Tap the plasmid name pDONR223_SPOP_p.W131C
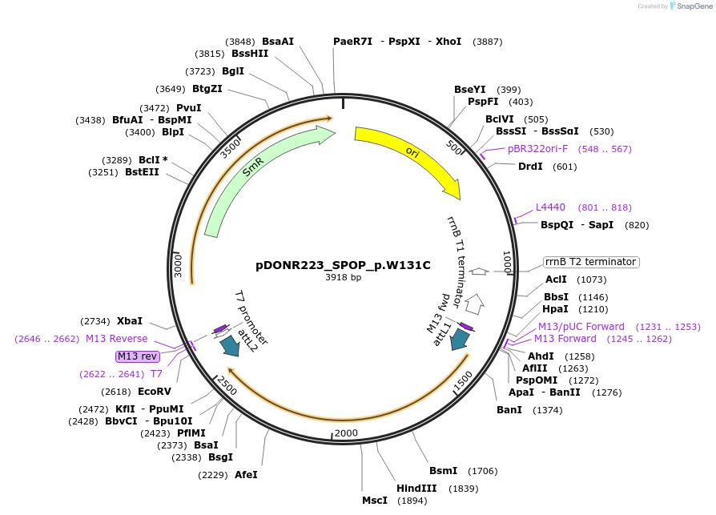click(x=343, y=265)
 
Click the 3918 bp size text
click(x=343, y=278)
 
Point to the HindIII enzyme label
click(x=416, y=488)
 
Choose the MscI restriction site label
click(x=374, y=501)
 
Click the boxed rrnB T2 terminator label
click(x=590, y=262)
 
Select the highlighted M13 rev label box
click(x=138, y=356)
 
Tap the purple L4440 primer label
click(x=550, y=207)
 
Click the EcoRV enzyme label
click(x=155, y=392)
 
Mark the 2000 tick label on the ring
click(x=346, y=433)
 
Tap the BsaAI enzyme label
click(x=278, y=42)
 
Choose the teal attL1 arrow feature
click(x=459, y=340)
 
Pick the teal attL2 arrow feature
click(x=230, y=345)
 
